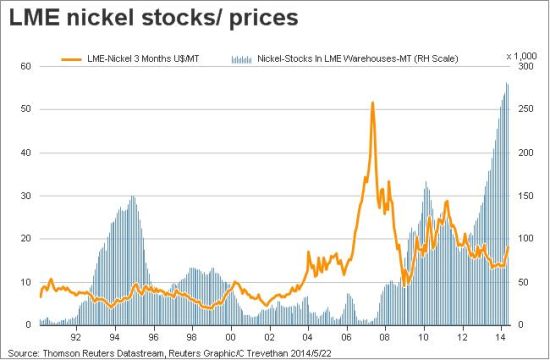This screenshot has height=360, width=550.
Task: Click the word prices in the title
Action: click(263, 19)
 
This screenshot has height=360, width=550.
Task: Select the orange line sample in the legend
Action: click(72, 59)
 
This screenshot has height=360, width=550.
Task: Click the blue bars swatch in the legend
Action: click(242, 59)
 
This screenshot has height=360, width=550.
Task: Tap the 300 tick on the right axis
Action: click(525, 66)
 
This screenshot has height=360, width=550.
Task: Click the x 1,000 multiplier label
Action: click(522, 56)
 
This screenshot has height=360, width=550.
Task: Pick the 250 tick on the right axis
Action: click(525, 109)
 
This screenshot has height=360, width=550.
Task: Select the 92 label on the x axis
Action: click(76, 337)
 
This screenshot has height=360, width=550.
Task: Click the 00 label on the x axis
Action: click(230, 337)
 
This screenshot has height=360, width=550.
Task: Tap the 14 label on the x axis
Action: click(501, 337)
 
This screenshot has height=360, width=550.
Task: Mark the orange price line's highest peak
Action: click(372, 102)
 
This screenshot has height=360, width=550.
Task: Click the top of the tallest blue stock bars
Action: click(507, 83)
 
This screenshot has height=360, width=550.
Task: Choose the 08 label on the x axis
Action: click(385, 337)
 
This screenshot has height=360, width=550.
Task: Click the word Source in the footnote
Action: click(22, 353)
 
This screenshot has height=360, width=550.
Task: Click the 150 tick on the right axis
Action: click(525, 196)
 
